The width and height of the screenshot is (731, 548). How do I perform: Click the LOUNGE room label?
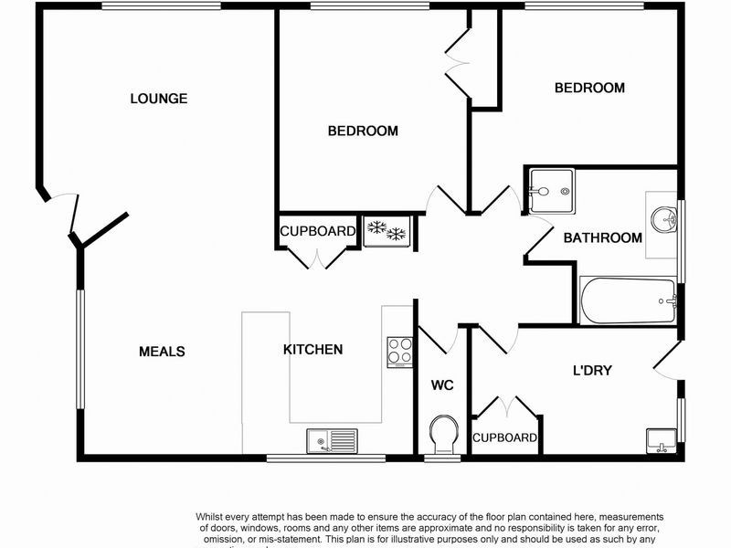[x=158, y=99]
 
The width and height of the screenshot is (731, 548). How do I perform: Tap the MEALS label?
[x=162, y=352]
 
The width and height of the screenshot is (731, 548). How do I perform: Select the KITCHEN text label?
[x=313, y=350]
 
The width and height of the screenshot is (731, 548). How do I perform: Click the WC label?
[x=442, y=385]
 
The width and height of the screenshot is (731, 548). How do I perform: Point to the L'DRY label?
[x=591, y=371]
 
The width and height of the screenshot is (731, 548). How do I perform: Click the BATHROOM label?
[x=602, y=238]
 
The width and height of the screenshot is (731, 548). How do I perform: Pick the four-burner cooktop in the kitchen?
[x=400, y=351]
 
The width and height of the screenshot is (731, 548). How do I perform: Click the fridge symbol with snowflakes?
[x=387, y=230]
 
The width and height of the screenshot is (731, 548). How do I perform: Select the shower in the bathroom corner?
[x=550, y=191]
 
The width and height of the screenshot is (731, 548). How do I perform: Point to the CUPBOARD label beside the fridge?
[x=317, y=232]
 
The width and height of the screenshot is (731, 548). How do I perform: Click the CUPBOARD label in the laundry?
[x=504, y=438]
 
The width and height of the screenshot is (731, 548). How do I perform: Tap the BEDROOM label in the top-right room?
[x=589, y=89]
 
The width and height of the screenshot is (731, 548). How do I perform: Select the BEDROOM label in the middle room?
[x=363, y=132]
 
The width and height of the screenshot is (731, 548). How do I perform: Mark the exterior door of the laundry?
[x=667, y=361]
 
